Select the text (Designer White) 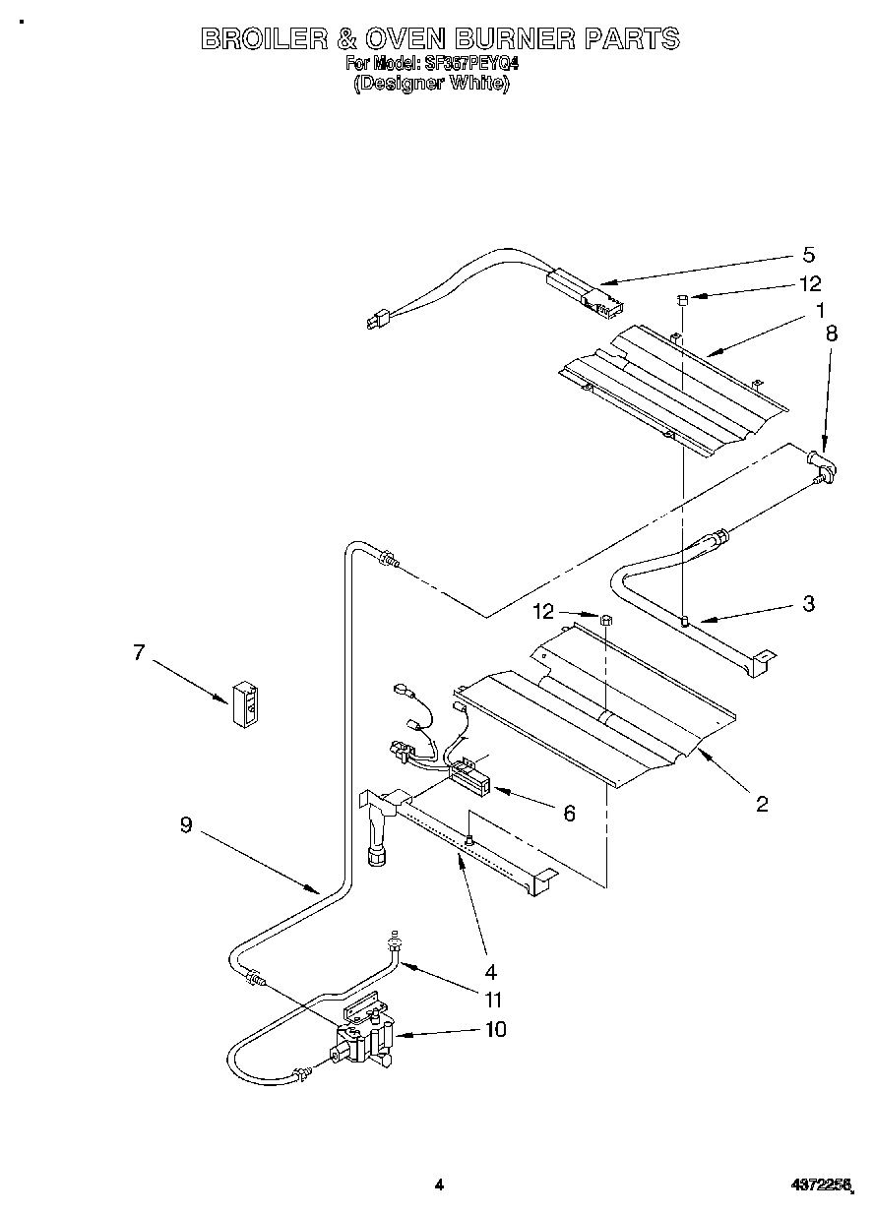[431, 84]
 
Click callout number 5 [809, 256]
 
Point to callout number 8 [832, 334]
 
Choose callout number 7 [139, 651]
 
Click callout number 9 [186, 826]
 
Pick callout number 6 [568, 813]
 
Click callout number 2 [762, 804]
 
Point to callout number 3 [808, 604]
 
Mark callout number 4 [490, 971]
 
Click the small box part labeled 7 [247, 703]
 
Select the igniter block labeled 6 [469, 781]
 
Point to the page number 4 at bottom [440, 1185]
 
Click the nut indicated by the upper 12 [682, 299]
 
